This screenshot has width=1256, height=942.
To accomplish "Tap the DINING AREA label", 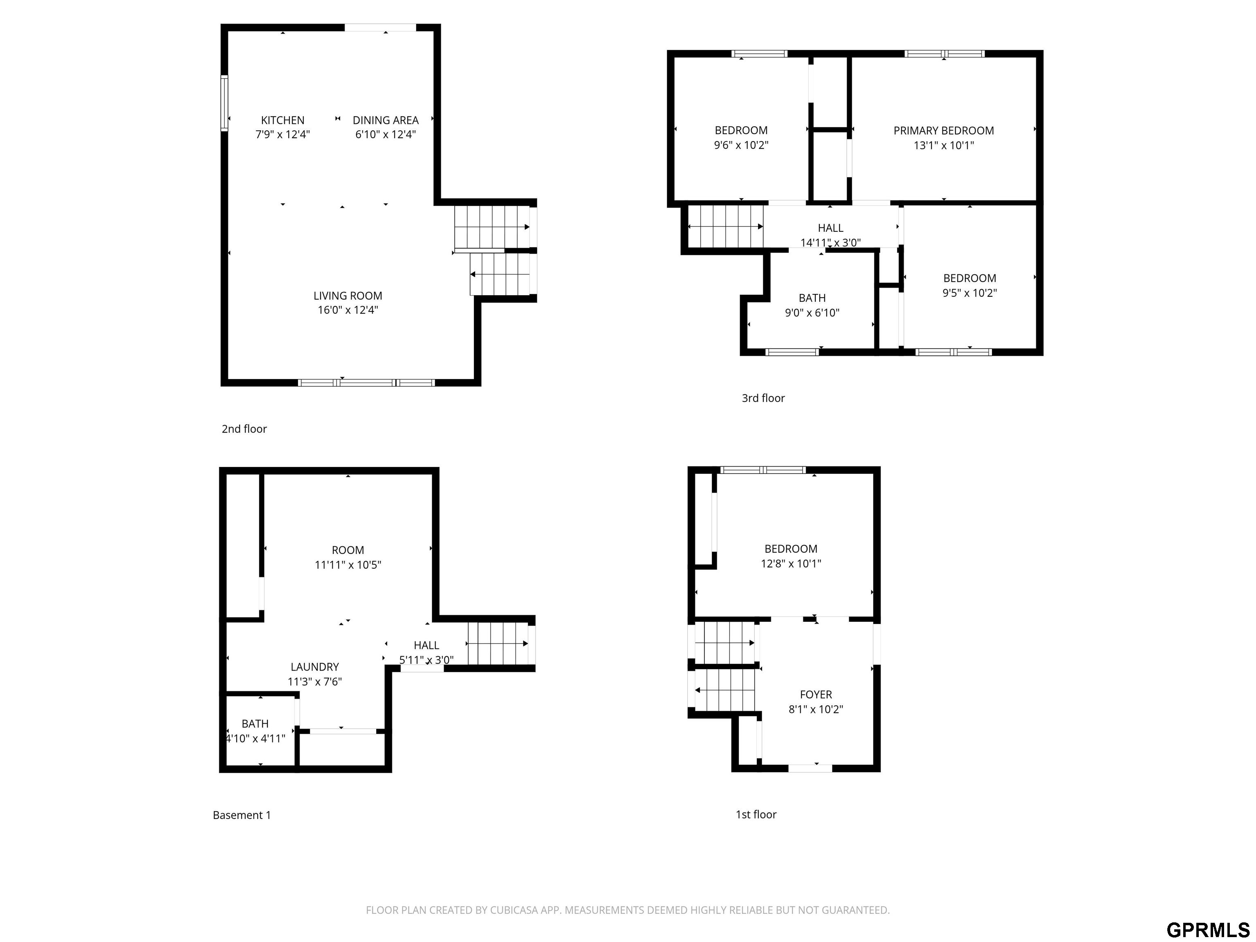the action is pos(386,120).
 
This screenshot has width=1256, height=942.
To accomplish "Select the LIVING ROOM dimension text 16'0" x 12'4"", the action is pos(348,310).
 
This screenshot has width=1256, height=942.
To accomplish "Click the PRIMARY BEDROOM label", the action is pos(944,130).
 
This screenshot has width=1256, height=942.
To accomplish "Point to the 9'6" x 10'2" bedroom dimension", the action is pos(741,146).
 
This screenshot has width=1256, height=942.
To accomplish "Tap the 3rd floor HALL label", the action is pos(830,228).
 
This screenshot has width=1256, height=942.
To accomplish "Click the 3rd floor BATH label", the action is pos(812,298).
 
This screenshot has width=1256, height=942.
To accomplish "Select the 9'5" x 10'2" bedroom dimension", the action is pos(969,293).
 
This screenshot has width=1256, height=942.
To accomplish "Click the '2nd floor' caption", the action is pos(244,429).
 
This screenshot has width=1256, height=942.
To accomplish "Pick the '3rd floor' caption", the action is pos(763,399).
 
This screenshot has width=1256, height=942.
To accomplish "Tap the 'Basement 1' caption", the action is pos(242,815).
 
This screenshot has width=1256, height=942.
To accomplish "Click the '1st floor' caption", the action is pos(756,815).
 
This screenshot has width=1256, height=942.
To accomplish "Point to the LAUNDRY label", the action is pos(314,667).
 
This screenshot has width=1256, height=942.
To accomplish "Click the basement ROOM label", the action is pos(348,550).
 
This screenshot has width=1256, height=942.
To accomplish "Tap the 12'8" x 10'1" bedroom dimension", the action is pos(791,564).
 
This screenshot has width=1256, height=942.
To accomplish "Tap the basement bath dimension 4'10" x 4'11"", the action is pos(256,739).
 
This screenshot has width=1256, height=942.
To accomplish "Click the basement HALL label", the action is pos(426,646).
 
